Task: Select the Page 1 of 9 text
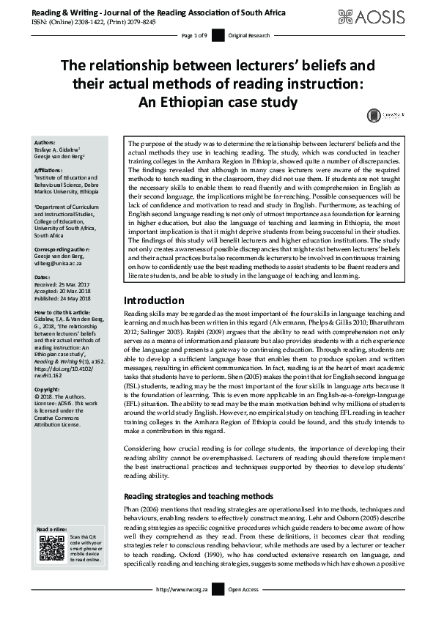click(194, 35)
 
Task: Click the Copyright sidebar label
click(50, 389)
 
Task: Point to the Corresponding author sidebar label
click(63, 250)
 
